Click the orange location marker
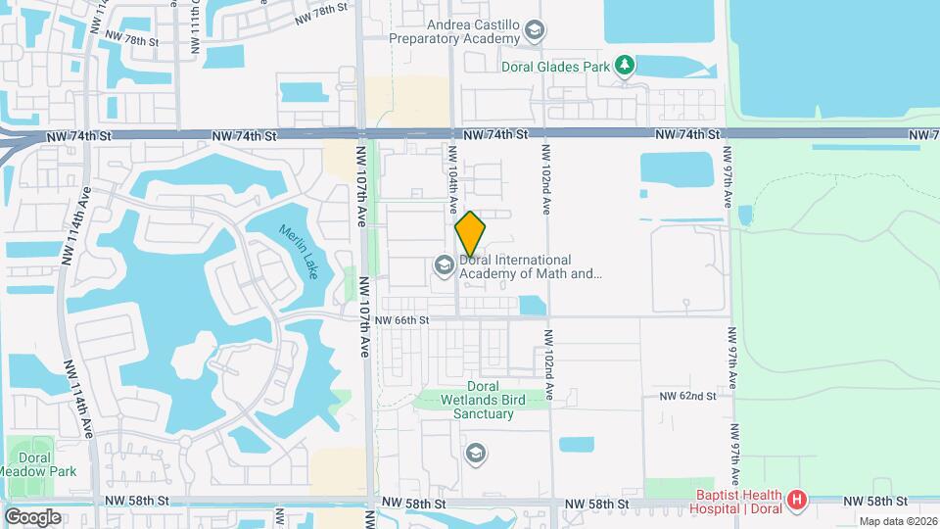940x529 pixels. click(470, 234)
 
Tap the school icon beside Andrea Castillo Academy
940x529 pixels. click(534, 32)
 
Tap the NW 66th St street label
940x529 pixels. click(401, 319)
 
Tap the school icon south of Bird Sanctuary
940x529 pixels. click(475, 452)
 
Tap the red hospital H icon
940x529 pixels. click(797, 501)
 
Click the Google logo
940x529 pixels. click(32, 516)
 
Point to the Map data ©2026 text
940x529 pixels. click(898, 521)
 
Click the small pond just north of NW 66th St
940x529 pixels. click(532, 305)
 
